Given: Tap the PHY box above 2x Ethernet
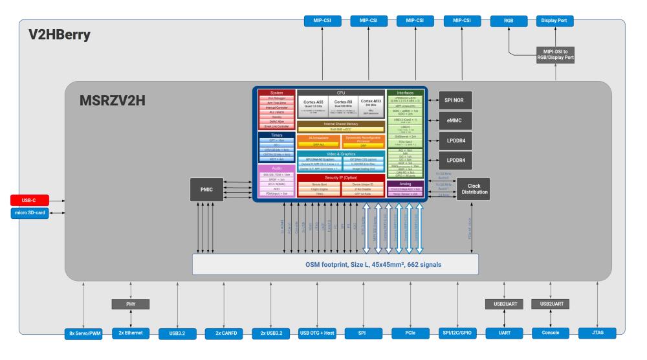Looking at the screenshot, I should (x=131, y=303).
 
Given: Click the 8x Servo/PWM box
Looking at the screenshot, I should (x=84, y=333).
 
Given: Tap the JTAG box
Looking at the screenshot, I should (x=598, y=333).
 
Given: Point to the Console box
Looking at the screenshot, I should (x=552, y=333).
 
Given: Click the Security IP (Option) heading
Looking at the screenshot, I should (x=341, y=177).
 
